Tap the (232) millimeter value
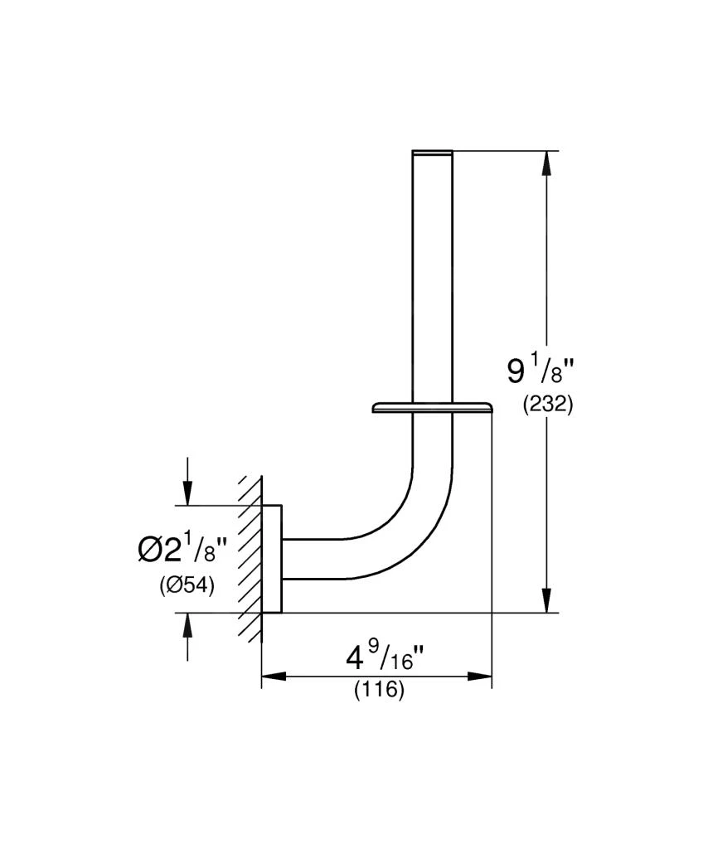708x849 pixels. (x=548, y=406)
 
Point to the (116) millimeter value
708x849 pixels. (x=380, y=690)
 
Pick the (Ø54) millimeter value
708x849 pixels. (x=187, y=585)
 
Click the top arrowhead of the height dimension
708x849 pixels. (x=546, y=163)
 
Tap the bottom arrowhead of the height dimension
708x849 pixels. (x=546, y=600)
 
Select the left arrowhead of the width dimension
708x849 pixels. (x=274, y=677)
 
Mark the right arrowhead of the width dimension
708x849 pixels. (x=480, y=677)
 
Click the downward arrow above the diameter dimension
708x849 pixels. (x=188, y=494)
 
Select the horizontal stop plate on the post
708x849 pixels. (x=431, y=407)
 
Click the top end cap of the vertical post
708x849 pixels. (x=432, y=153)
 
